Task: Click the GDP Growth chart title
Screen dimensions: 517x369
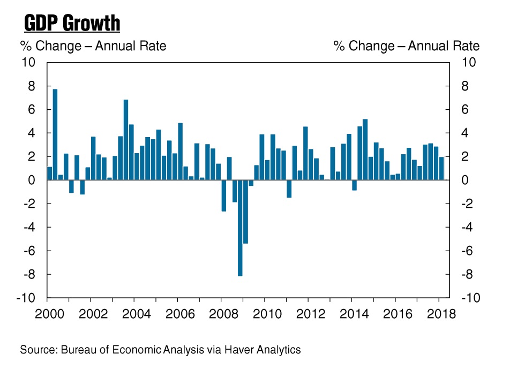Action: click(72, 24)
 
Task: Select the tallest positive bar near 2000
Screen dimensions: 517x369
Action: click(55, 134)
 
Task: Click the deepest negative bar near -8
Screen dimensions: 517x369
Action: click(240, 228)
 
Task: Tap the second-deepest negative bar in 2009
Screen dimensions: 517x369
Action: click(245, 212)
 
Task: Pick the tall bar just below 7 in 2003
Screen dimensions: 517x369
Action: click(125, 140)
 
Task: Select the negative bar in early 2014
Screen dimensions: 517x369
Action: click(354, 185)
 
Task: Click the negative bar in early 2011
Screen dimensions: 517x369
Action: click(289, 189)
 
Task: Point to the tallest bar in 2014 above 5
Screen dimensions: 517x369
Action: click(365, 149)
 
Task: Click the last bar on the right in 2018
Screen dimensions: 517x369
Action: click(441, 168)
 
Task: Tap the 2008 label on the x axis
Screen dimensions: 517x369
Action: click(223, 314)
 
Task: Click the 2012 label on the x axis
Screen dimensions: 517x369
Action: click(310, 314)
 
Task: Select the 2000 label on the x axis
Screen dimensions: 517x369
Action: click(49, 314)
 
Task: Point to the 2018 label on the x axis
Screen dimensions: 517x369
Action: click(441, 314)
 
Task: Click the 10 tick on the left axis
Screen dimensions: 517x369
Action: click(28, 62)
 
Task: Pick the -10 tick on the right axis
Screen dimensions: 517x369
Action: click(470, 298)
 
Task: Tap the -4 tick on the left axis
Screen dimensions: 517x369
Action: click(29, 227)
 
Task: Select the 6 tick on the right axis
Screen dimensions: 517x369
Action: click(464, 109)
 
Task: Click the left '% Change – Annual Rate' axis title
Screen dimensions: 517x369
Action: click(93, 46)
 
